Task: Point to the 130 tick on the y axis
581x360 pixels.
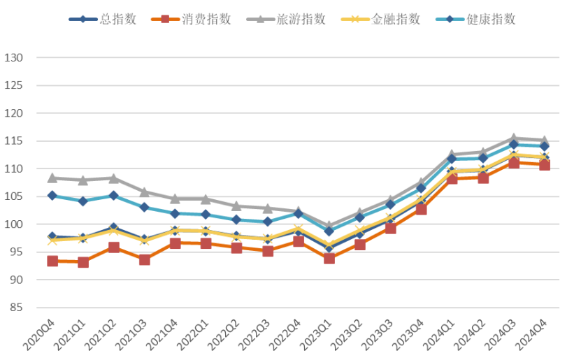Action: tap(15, 57)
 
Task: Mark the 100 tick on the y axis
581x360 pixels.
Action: tap(15, 224)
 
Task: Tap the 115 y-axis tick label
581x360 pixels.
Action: tap(15, 141)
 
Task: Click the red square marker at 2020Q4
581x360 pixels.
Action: tap(52, 261)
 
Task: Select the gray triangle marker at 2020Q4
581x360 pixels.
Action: tap(52, 178)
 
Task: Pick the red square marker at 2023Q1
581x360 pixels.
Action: tap(329, 259)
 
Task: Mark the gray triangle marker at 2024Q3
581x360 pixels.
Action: tap(514, 138)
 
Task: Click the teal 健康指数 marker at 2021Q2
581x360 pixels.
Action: tap(114, 196)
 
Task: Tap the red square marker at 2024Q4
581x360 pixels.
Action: tap(545, 165)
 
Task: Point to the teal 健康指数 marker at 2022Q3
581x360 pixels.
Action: tap(268, 222)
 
